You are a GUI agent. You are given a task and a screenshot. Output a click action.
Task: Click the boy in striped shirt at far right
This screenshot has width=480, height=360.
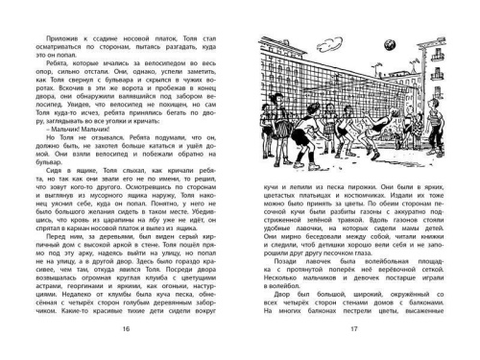(x=422, y=149)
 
